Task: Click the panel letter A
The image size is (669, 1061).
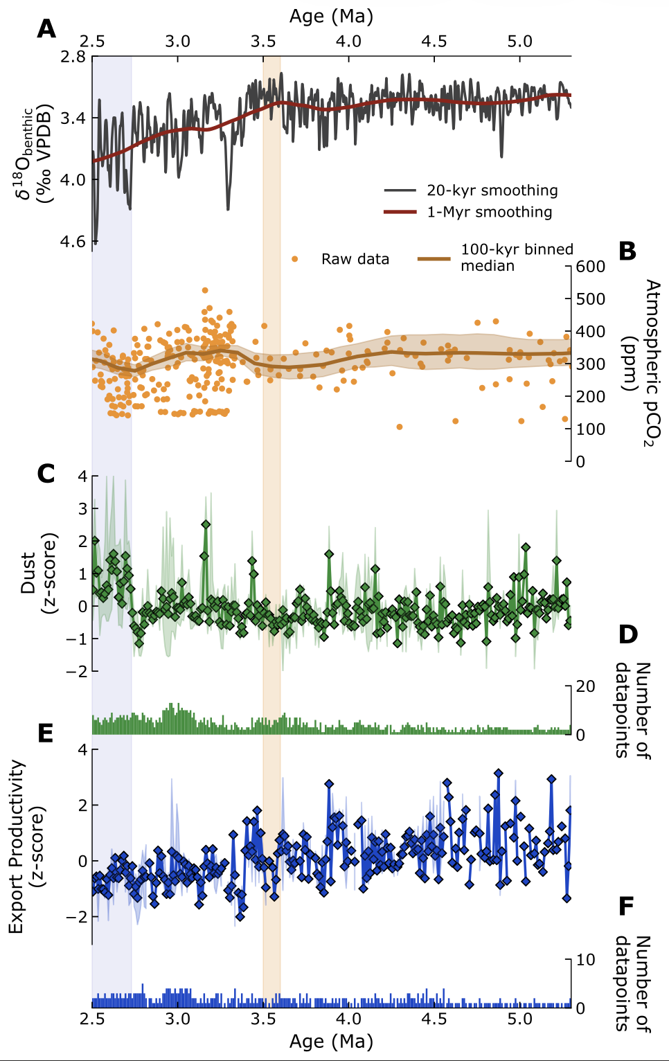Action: tap(46, 29)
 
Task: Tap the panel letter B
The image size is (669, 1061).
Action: tap(627, 251)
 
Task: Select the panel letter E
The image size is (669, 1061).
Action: tap(46, 733)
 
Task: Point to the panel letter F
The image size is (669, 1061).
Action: tap(626, 906)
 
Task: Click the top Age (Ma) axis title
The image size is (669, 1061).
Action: tap(331, 16)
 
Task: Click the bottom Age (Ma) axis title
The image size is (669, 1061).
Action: tap(331, 1041)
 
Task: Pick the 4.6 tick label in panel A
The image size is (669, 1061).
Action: tap(73, 242)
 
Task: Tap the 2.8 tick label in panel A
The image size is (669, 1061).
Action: tap(73, 57)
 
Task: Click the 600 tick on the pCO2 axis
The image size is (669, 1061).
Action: tap(591, 267)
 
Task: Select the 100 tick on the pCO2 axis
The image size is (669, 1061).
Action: tap(591, 429)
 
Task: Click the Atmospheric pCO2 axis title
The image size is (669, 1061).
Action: tap(641, 364)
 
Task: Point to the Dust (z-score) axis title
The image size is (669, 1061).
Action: tap(37, 573)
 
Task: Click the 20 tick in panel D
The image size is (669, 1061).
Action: tap(585, 686)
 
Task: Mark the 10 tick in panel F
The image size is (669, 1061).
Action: tap(585, 960)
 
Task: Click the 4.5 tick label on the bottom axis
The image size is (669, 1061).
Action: tap(434, 1019)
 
